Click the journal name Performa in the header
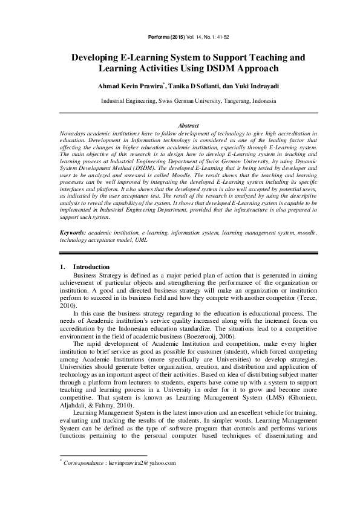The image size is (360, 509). (x=159, y=37)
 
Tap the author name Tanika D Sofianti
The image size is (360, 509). (x=188, y=86)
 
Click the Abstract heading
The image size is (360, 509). (x=180, y=125)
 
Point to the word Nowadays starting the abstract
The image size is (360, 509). (x=76, y=132)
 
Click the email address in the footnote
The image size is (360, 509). (x=142, y=463)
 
